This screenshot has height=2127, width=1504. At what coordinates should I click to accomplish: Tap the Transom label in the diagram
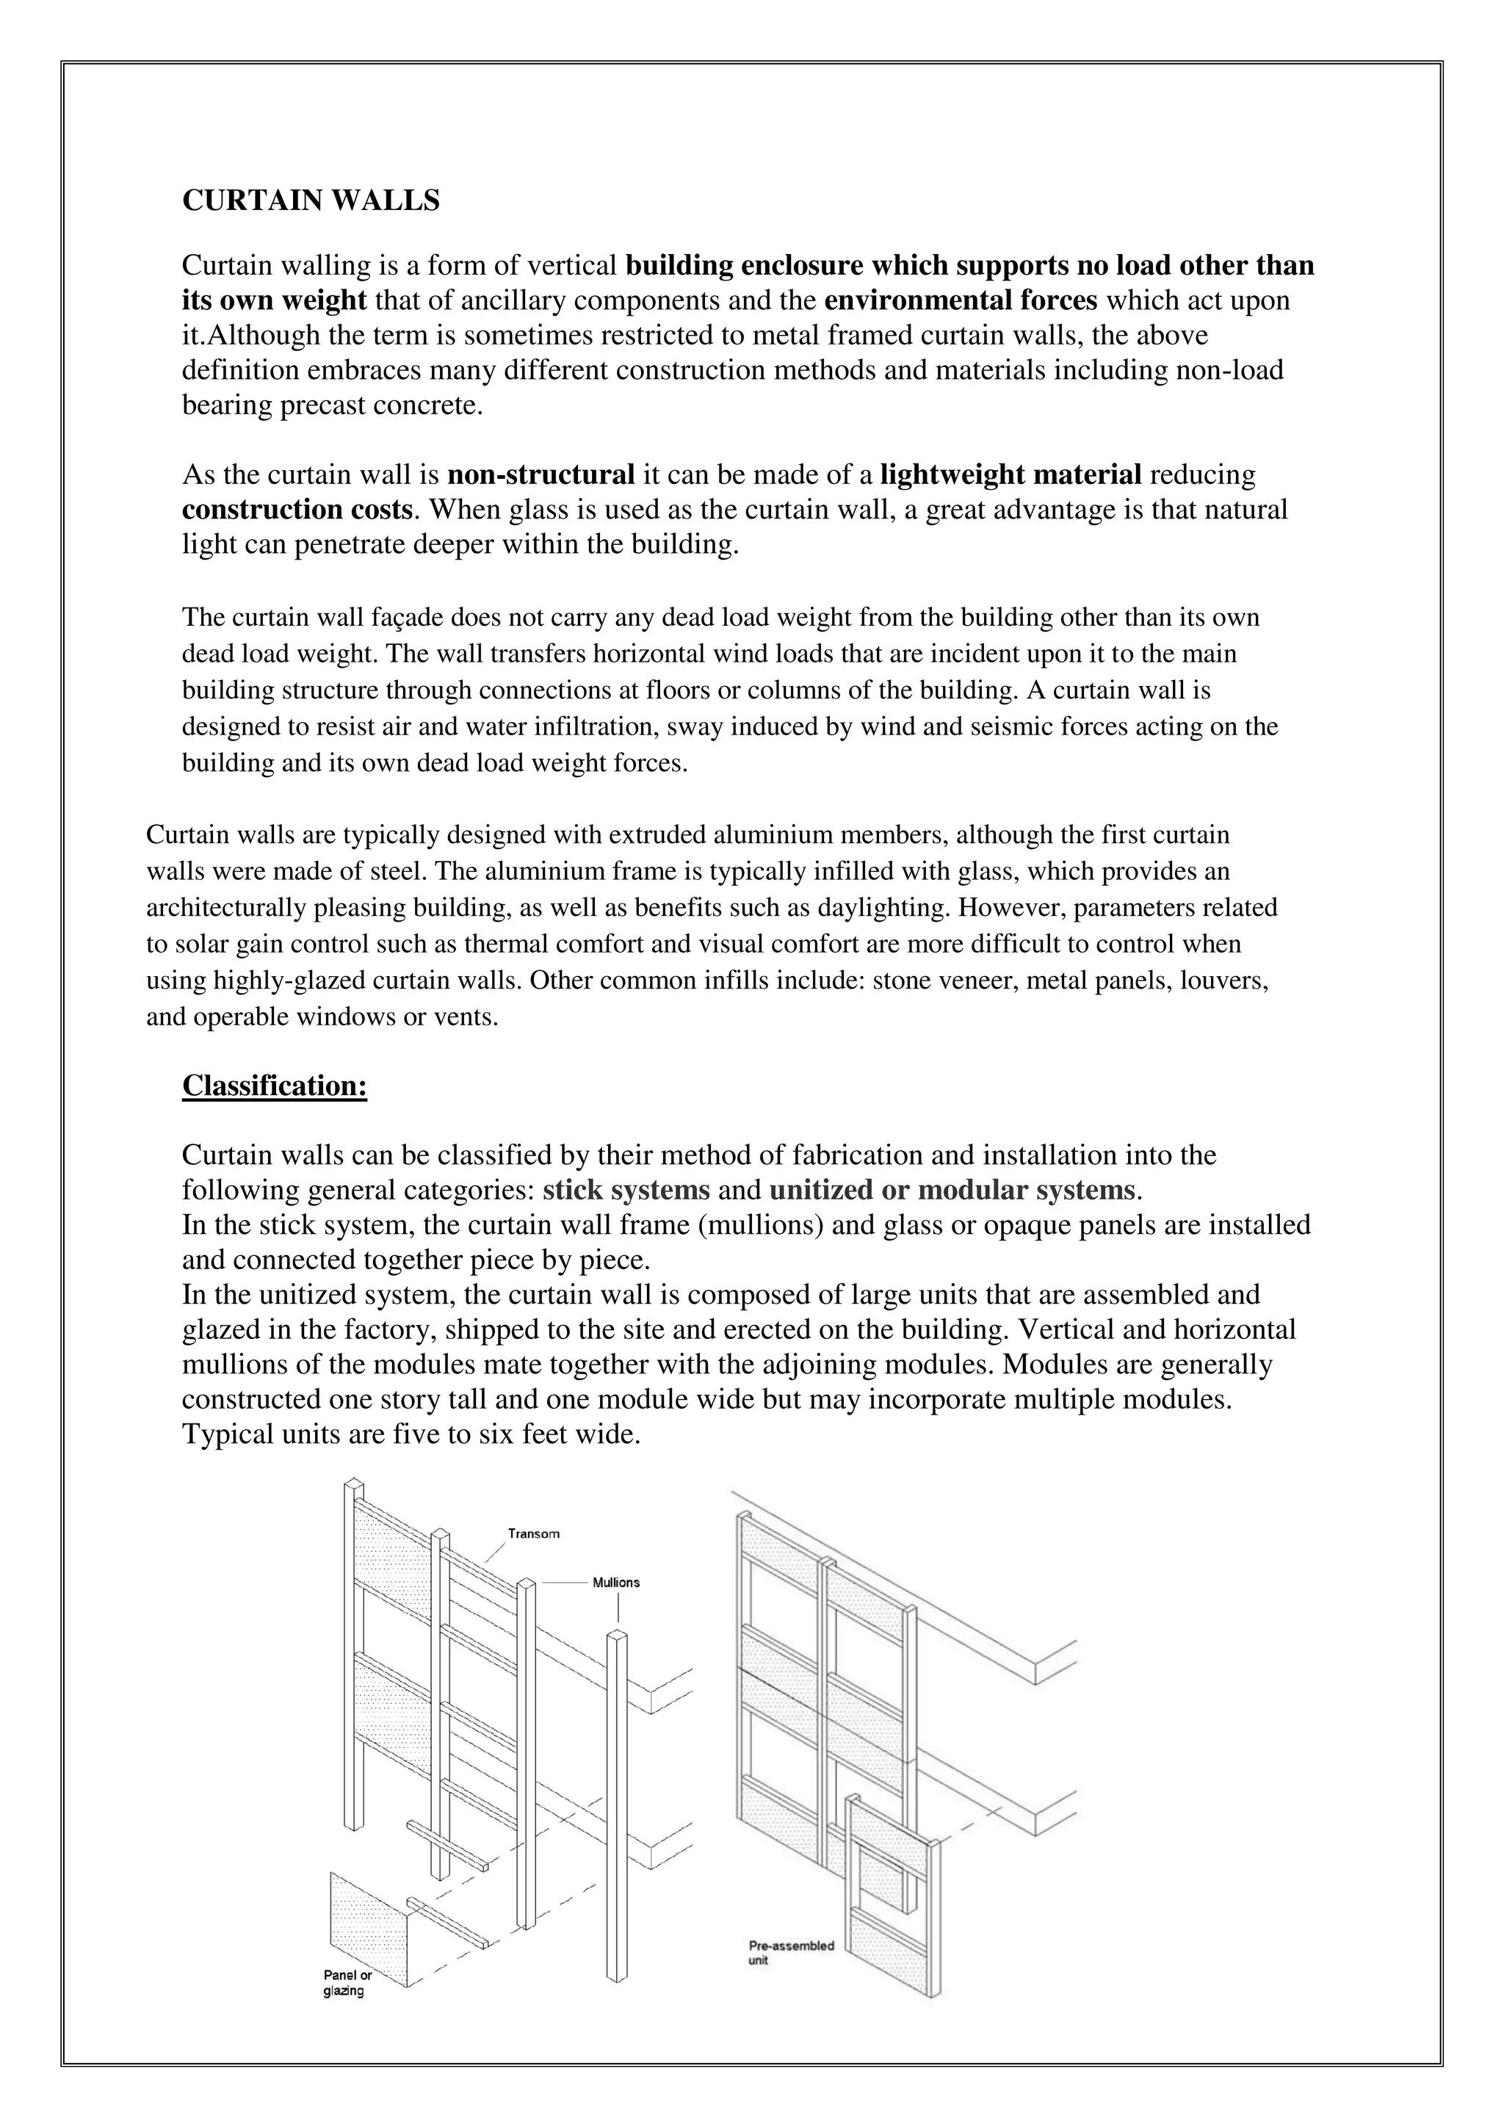coord(533,1534)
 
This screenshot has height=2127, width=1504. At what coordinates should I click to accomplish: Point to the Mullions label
coord(616,1582)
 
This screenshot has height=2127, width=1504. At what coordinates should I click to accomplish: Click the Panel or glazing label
coord(347,1985)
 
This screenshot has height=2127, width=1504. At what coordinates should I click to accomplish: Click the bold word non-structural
coord(540,475)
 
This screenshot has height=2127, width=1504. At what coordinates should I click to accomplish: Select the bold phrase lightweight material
coord(1010,475)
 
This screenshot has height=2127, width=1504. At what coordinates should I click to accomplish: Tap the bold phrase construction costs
coord(297,510)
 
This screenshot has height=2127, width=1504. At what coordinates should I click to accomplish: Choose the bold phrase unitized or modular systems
coord(951,1190)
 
